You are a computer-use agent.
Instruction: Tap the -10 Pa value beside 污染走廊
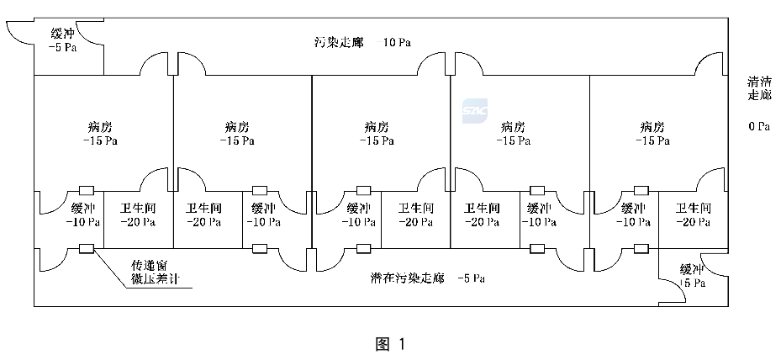click(393, 42)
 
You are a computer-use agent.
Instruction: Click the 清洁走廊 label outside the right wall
click(759, 87)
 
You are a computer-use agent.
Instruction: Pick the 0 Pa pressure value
click(759, 126)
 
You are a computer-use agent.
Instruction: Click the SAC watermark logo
click(475, 111)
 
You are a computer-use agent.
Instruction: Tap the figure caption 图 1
click(390, 344)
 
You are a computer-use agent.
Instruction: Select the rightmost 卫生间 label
click(694, 208)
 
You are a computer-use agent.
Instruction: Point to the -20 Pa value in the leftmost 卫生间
click(139, 222)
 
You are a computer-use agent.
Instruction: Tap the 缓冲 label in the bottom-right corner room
click(693, 270)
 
